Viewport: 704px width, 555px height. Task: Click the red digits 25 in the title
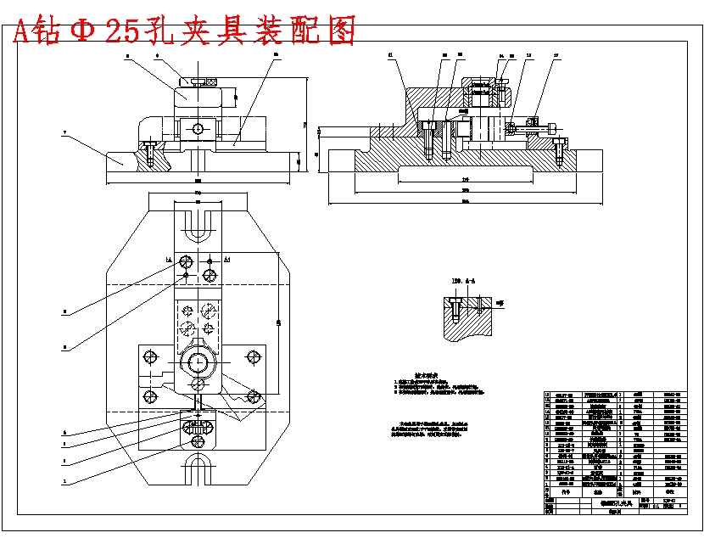(123, 31)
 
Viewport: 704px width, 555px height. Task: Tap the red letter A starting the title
(22, 31)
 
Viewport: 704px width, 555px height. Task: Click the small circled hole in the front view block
(198, 129)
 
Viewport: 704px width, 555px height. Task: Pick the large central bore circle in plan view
(198, 363)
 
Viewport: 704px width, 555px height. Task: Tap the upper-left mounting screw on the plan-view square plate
(150, 356)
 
